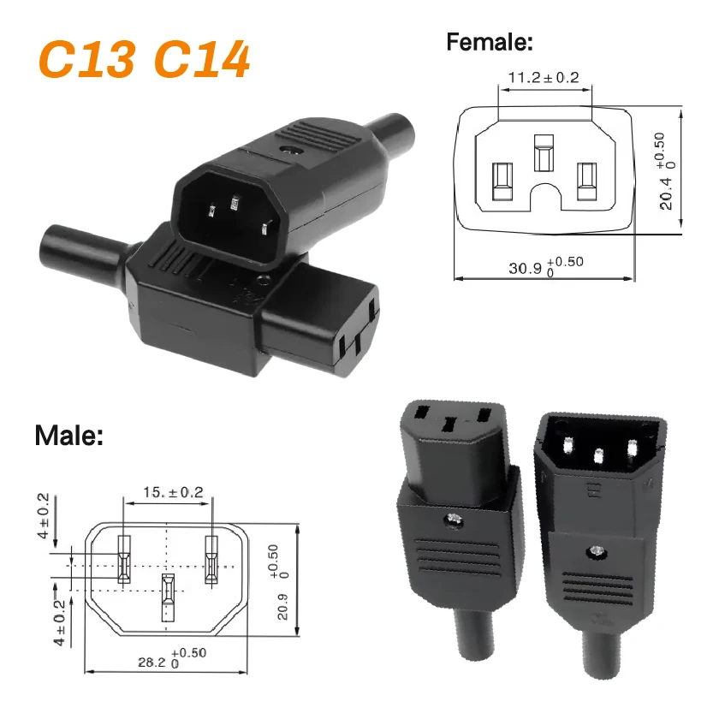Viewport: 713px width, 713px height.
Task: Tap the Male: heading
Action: coord(68,436)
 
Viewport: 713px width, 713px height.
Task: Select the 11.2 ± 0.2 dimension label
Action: coord(543,78)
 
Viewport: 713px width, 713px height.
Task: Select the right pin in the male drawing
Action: coord(211,559)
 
